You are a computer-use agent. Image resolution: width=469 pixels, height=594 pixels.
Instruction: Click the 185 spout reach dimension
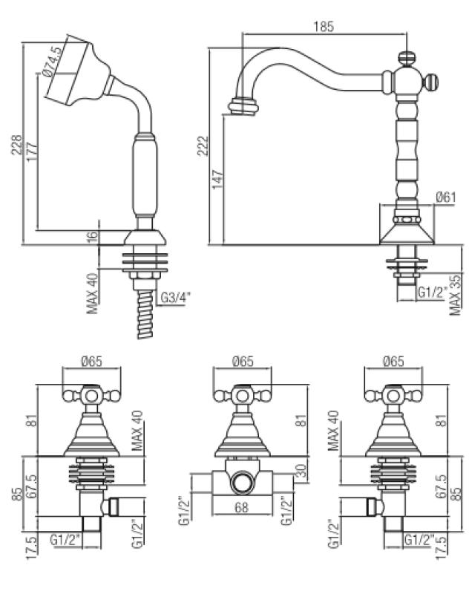(324, 27)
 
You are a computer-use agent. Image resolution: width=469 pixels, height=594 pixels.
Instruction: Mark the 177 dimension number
(30, 163)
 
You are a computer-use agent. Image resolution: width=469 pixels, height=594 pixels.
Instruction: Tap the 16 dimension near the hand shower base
(91, 237)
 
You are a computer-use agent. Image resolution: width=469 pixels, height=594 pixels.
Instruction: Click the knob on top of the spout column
(406, 56)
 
